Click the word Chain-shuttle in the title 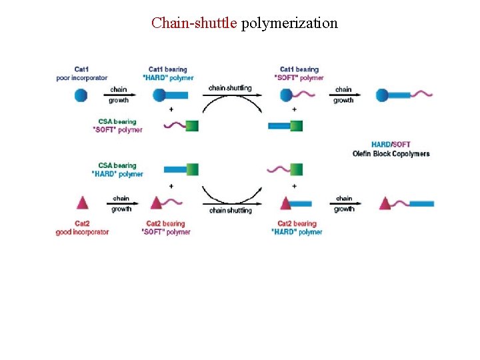(x=194, y=23)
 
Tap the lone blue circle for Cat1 (x=80, y=95)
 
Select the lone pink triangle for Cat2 (x=83, y=203)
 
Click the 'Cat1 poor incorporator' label (x=81, y=73)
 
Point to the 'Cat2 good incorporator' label (x=82, y=228)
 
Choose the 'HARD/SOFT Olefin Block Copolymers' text (x=391, y=149)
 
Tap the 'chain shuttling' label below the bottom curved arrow (x=231, y=211)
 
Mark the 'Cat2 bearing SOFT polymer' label (x=166, y=228)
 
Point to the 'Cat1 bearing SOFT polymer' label (x=299, y=73)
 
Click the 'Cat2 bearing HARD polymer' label (x=297, y=228)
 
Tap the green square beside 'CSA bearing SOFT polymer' (x=192, y=125)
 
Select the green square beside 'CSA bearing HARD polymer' (x=192, y=169)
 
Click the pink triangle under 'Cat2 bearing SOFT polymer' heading (x=157, y=203)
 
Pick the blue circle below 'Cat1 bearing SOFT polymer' (x=286, y=95)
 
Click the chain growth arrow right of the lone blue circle (x=120, y=95)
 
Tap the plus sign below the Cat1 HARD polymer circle (x=171, y=109)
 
